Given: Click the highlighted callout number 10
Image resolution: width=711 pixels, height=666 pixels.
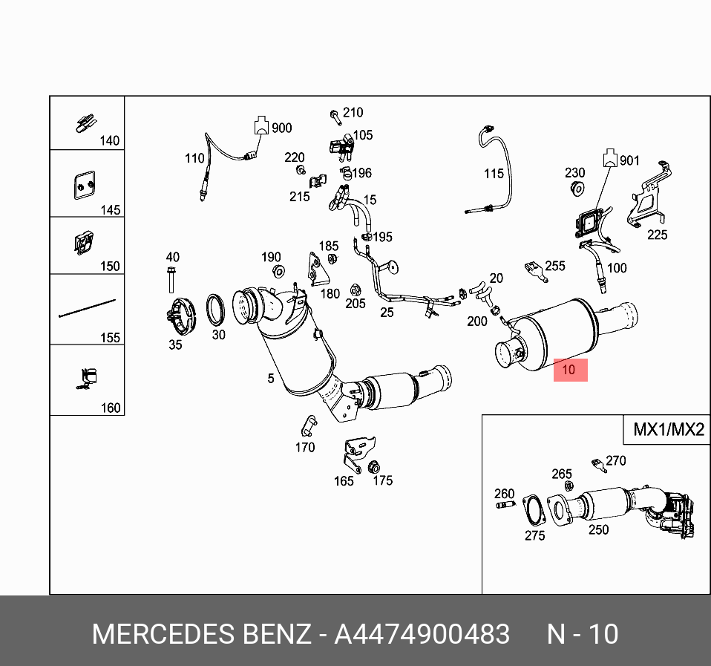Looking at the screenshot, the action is coord(569,370).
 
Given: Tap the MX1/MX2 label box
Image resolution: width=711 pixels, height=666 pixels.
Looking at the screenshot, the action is coord(667,429).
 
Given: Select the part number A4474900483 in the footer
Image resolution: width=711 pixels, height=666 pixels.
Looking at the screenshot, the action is coord(422,634).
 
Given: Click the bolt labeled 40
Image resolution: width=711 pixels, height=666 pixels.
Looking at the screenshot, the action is coord(171,280).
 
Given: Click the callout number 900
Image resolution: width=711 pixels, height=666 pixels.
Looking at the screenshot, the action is coord(281,128).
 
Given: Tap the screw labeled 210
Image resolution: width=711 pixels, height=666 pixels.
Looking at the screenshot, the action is coord(335,117).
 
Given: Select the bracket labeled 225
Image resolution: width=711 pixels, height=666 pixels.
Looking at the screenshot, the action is coord(649,195).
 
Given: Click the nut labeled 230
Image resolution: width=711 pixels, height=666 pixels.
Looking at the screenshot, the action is coord(577,189).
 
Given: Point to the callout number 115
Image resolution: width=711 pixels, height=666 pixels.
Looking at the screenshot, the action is coord(494,173).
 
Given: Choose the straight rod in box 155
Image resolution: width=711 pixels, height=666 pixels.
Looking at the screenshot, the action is coord(87,308).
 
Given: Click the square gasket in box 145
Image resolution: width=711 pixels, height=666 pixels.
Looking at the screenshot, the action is coord(85,185).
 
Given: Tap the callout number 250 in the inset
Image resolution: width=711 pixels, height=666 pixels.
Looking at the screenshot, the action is coord(598,529).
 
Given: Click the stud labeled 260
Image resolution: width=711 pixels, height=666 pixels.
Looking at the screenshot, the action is coord(505,504).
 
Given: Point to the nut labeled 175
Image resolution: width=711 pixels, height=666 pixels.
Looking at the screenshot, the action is coord(373,467).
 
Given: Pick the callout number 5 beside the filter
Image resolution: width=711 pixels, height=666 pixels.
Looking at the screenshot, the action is coord(271,379).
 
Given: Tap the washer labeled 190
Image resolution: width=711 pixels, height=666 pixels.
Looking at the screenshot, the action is coord(278,272).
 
